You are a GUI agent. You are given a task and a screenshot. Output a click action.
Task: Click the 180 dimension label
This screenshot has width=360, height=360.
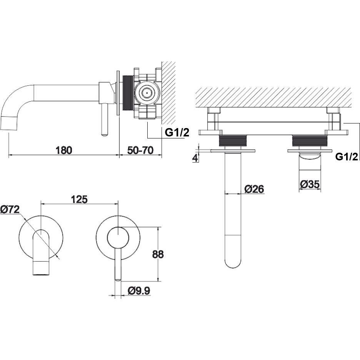tap(64, 150)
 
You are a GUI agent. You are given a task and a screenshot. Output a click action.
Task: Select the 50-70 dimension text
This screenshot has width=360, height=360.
tap(140, 150)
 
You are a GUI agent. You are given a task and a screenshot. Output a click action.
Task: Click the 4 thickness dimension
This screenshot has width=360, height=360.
tap(195, 158)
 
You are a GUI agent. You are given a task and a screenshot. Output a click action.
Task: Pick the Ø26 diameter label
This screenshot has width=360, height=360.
tap(254, 189)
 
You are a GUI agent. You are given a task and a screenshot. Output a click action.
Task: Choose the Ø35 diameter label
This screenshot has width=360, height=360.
tap(310, 184)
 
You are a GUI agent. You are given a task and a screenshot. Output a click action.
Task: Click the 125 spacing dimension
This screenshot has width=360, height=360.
tap(79, 199)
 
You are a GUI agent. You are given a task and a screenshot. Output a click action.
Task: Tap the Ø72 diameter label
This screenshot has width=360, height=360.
tap(10, 209)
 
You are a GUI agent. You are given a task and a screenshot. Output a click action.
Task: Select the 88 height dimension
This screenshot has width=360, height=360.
tap(158, 254)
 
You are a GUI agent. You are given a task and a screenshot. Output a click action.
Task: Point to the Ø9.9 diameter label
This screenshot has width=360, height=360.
tap(139, 291)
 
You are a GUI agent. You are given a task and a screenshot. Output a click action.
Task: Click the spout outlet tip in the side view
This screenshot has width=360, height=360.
tap(9, 123)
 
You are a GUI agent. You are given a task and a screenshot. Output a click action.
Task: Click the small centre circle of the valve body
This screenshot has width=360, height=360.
tap(146, 93)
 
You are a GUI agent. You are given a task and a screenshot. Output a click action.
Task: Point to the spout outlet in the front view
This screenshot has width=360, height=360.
tap(41, 268)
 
